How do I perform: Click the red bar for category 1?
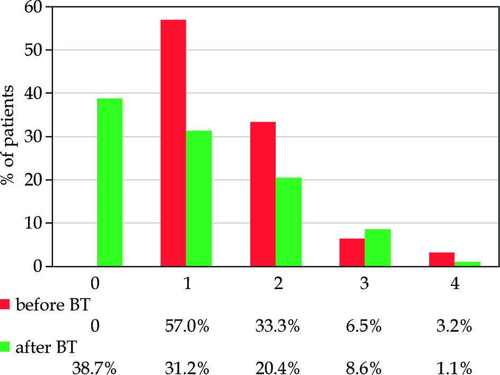[x=173, y=143]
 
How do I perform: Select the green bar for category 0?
[x=109, y=182]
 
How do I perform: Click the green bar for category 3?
[x=378, y=248]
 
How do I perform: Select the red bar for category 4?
[x=442, y=259]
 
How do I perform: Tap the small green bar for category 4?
[x=468, y=264]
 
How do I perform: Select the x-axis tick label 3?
[x=365, y=284]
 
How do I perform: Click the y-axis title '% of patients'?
[x=9, y=136]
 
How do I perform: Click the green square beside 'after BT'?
[x=6, y=348]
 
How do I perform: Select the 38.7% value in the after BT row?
[x=94, y=367]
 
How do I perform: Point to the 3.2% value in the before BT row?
[x=455, y=326]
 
